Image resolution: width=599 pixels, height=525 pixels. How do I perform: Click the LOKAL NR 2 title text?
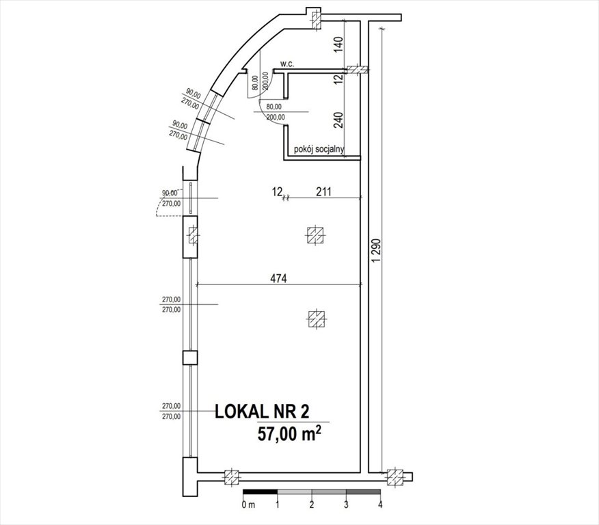(x=262, y=412)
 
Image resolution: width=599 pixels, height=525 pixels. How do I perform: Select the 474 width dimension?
(x=279, y=278)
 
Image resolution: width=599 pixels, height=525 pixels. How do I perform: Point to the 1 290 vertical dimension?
(x=374, y=258)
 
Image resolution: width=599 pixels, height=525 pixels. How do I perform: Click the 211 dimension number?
(x=323, y=193)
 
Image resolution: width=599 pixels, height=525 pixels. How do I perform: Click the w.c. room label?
(x=287, y=64)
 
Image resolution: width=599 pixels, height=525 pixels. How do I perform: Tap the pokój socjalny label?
(x=318, y=148)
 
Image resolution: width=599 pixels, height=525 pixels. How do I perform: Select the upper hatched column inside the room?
(x=315, y=235)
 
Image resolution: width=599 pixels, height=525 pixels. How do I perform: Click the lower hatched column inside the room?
(x=315, y=318)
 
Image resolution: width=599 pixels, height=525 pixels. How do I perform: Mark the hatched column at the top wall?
(x=315, y=18)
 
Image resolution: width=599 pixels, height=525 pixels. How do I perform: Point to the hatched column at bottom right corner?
(x=395, y=476)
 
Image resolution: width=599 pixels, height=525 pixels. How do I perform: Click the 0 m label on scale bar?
(x=248, y=504)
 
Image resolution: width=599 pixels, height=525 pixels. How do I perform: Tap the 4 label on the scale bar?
(x=380, y=504)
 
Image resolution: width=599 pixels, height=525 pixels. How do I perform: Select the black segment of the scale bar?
(x=261, y=492)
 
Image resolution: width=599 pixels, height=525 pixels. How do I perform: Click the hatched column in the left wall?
(x=193, y=237)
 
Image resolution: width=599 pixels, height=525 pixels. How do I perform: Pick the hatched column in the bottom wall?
(x=232, y=476)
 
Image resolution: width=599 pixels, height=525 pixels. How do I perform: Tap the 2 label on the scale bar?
(x=312, y=504)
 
